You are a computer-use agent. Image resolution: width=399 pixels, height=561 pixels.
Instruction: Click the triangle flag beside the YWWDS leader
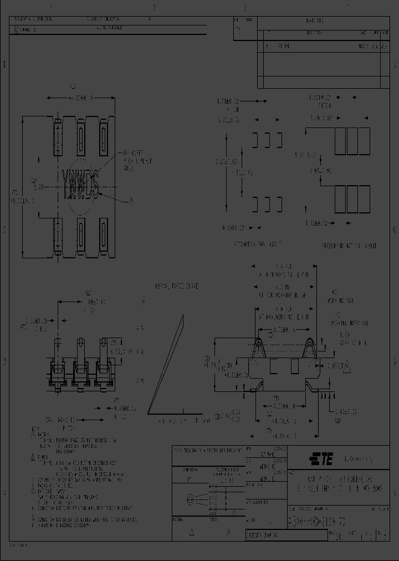131,201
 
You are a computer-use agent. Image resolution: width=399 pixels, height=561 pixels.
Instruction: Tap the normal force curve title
177,286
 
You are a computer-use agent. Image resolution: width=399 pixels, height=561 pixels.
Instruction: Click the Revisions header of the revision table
315,21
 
